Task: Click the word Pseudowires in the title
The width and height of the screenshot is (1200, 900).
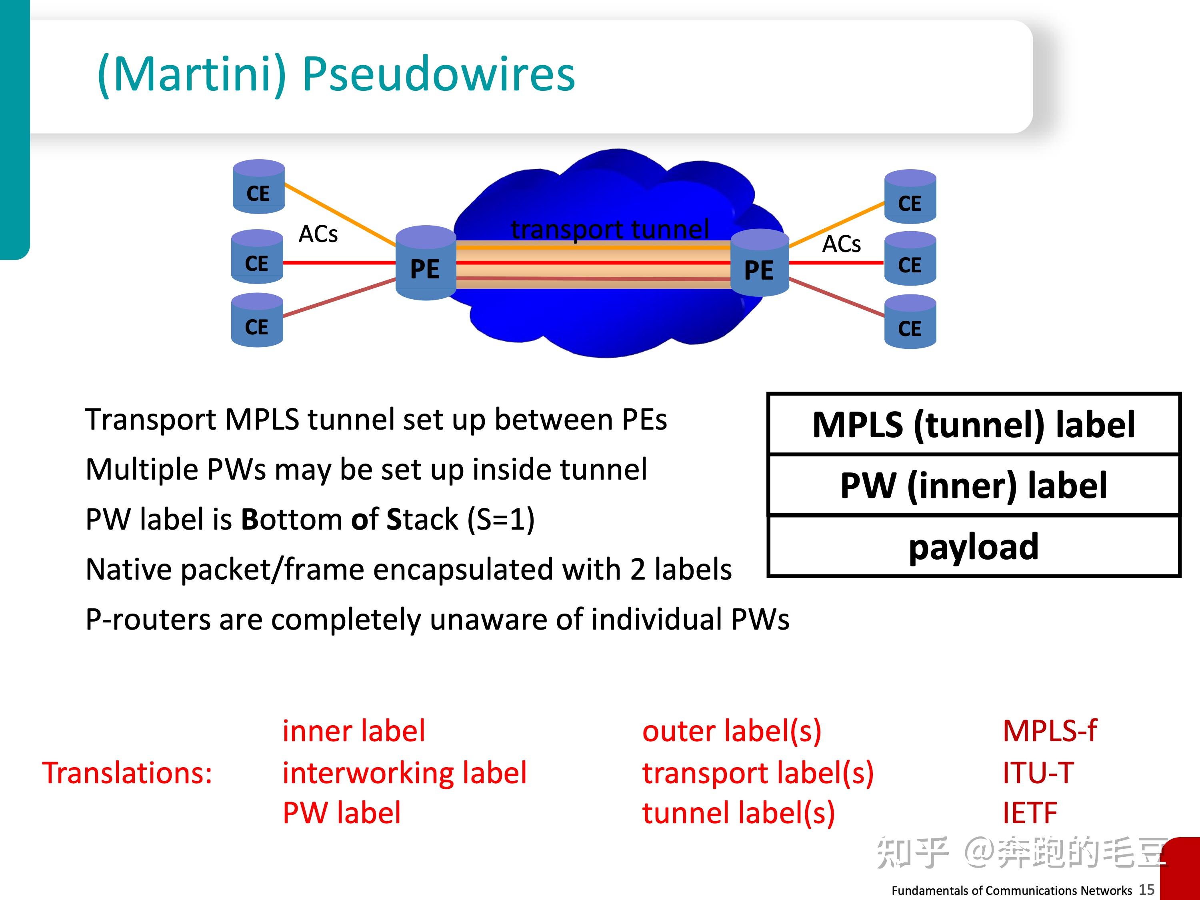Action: point(438,74)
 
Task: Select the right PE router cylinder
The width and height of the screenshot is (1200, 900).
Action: point(759,264)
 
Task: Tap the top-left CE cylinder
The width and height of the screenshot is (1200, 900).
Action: point(258,187)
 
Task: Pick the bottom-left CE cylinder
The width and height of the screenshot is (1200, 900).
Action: point(257,321)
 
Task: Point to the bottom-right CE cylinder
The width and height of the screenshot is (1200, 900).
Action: point(910,322)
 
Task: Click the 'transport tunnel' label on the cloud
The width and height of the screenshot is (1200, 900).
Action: point(610,229)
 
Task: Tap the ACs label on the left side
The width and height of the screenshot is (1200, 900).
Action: point(318,234)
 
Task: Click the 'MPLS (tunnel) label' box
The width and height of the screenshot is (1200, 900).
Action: point(973,425)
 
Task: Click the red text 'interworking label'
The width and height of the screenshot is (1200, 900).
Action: point(404,773)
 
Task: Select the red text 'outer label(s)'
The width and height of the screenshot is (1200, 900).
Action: point(731,731)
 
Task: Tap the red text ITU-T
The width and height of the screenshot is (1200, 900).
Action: point(1037,773)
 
